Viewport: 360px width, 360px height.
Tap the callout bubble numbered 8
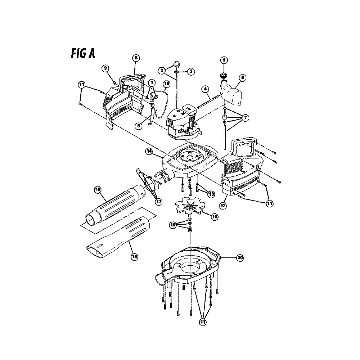136,58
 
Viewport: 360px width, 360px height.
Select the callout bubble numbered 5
224,60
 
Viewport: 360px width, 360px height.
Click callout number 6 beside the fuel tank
242,78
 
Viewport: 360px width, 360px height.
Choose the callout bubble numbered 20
240,258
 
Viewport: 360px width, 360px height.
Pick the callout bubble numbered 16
98,189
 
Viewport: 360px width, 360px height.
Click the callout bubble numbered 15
134,256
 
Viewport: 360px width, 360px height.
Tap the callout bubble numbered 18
215,217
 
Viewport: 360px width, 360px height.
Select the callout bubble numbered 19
173,225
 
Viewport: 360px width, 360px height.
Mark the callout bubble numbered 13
211,194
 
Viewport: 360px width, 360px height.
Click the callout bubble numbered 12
223,206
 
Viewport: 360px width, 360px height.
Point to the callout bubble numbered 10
167,84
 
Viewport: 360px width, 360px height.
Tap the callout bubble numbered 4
205,89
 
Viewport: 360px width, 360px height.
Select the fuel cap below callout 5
224,75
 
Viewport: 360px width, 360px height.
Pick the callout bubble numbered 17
159,202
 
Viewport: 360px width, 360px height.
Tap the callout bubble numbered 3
191,71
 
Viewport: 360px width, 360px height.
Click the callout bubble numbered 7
245,118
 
